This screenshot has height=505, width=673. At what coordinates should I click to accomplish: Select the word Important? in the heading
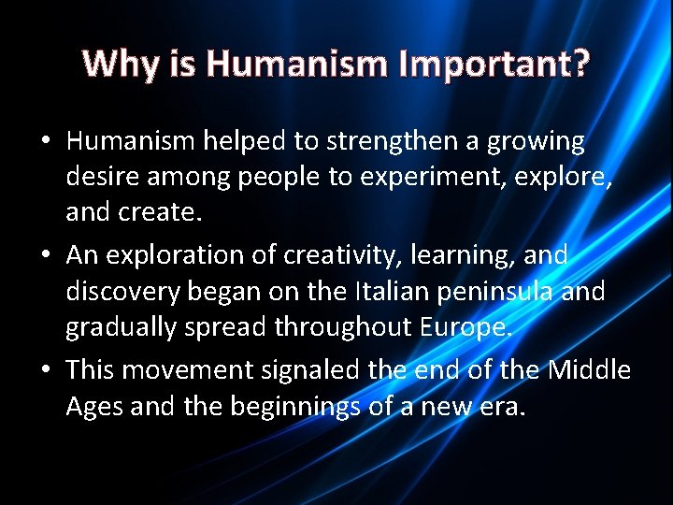(494, 64)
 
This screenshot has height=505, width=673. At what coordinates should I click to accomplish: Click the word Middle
(589, 371)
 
